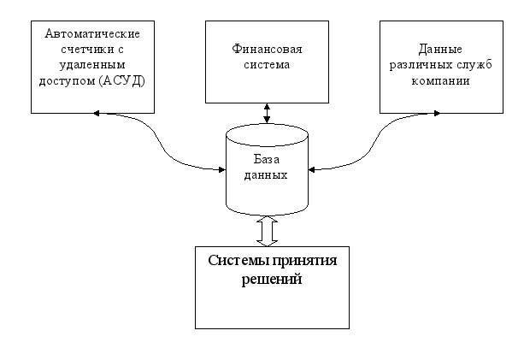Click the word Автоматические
[92, 33]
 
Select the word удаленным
[92, 65]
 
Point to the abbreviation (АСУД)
[122, 81]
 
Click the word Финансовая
[267, 49]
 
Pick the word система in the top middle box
[267, 65]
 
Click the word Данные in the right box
[440, 50]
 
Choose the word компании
[440, 81]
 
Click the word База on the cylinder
[267, 159]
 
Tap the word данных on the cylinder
[266, 175]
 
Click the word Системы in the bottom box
[239, 260]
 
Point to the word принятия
[305, 261]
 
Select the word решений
[271, 279]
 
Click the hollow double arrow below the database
[267, 232]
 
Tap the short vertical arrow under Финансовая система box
[267, 113]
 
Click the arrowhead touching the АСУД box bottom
[97, 114]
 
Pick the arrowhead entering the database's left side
[222, 169]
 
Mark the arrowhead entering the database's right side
[311, 170]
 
